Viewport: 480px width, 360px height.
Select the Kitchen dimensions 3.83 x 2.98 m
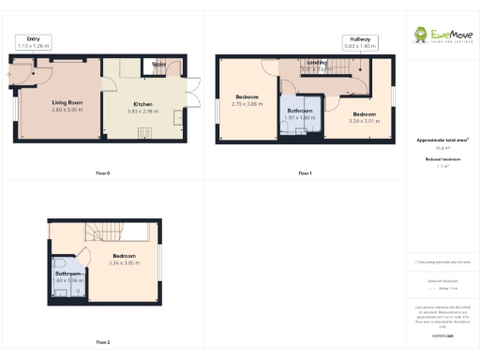(x=143, y=111)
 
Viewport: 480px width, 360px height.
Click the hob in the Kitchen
(x=145, y=132)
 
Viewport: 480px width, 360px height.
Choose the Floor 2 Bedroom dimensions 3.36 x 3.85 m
(x=124, y=262)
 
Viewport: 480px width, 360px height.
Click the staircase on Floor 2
(x=103, y=233)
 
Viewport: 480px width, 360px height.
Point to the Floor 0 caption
(x=103, y=173)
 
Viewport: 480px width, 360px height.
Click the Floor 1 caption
(x=305, y=173)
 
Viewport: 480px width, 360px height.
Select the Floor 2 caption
(x=103, y=342)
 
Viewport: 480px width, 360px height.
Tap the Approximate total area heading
(x=442, y=141)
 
